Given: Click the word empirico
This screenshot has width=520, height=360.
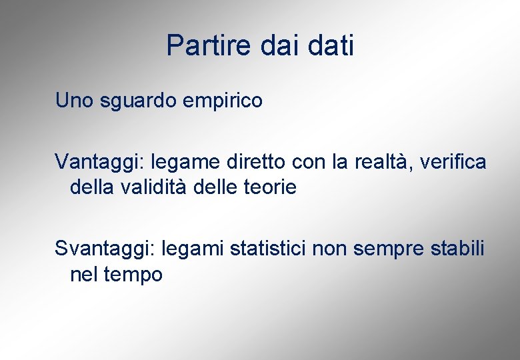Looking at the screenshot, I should pos(224,102).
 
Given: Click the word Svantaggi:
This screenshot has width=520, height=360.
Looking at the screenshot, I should pos(105,249).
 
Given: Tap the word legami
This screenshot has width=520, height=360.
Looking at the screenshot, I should pos(192,249).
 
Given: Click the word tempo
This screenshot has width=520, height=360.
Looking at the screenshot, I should pos(133,275).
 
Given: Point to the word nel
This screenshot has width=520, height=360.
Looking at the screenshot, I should pos(83,274).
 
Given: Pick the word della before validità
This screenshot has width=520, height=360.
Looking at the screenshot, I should pos(93,187).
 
